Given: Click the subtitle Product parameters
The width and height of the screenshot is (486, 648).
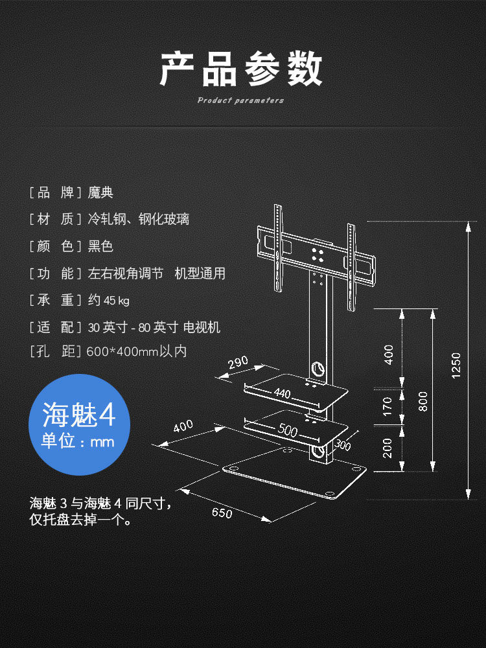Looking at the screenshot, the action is [x=240, y=100].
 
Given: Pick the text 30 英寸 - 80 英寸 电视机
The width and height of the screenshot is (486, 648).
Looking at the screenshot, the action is [x=154, y=327].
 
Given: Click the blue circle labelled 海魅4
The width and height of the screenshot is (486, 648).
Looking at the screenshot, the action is [x=80, y=424].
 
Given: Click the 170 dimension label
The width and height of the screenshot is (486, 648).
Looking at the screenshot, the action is [x=388, y=406].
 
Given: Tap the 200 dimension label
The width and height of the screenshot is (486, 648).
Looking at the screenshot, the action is [x=388, y=448].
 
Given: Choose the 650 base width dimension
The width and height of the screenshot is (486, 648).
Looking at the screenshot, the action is [x=222, y=513].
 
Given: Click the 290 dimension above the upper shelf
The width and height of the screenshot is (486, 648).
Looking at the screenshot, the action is [x=238, y=364].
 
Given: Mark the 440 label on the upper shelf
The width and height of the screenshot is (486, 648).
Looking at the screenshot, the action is [x=282, y=393].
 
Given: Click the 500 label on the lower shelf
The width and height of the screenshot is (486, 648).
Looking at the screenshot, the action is [x=288, y=428].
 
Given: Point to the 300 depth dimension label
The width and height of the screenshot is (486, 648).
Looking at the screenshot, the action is [x=343, y=445].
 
